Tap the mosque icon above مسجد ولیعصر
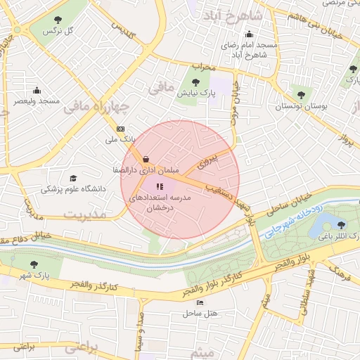click(37, 90)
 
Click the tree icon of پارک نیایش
click(198, 81)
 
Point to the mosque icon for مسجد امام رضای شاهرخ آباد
click(248, 34)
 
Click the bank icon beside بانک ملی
click(120, 129)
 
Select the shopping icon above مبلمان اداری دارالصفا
click(145, 158)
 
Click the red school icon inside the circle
click(159, 187)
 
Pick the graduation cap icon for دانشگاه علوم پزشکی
click(73, 179)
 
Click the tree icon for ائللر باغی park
click(341, 225)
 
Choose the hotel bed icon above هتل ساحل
click(200, 302)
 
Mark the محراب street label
click(202, 68)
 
